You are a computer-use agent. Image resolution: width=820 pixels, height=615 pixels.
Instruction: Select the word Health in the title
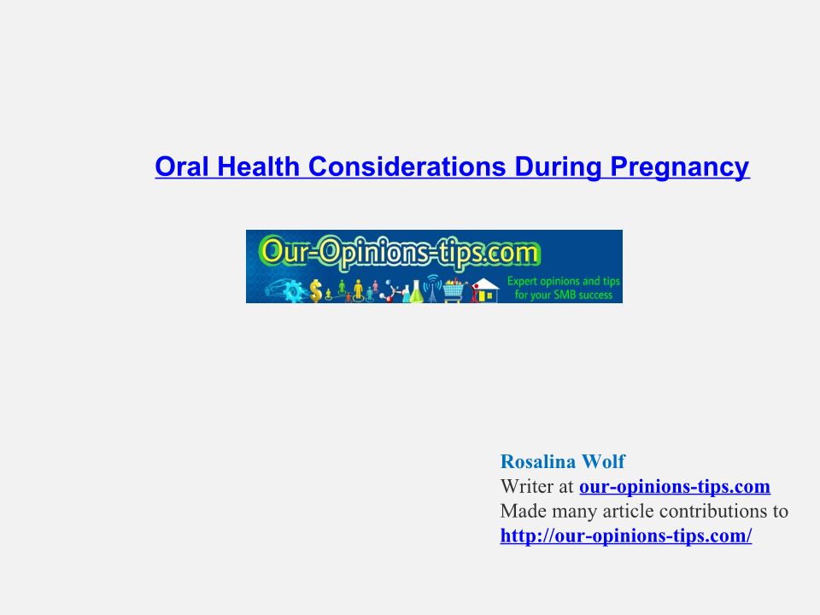click(258, 167)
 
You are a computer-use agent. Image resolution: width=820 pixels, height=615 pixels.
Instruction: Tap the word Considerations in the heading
click(407, 167)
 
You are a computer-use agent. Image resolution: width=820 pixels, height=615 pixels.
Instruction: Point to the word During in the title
click(558, 167)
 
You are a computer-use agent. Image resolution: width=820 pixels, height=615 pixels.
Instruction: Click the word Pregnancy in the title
click(680, 167)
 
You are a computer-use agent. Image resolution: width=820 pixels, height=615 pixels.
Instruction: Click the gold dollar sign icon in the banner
click(315, 290)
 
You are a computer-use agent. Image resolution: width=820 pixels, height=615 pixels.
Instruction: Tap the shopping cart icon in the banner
click(454, 290)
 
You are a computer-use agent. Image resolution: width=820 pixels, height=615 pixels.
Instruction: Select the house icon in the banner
click(485, 290)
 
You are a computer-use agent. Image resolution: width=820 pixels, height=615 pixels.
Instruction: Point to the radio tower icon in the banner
click(432, 289)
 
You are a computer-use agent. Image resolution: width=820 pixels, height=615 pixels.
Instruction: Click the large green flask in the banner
click(416, 292)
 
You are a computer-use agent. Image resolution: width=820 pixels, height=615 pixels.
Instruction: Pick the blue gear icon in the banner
click(294, 290)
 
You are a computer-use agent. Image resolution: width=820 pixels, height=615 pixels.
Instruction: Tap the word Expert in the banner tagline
click(523, 281)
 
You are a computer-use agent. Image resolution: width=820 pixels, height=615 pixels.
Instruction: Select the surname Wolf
click(603, 461)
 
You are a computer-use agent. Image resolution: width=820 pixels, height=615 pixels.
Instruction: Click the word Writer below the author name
click(527, 486)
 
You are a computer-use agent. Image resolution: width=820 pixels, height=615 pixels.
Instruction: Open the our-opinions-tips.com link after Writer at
click(675, 487)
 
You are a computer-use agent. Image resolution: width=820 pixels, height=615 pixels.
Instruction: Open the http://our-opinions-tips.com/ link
click(626, 536)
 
